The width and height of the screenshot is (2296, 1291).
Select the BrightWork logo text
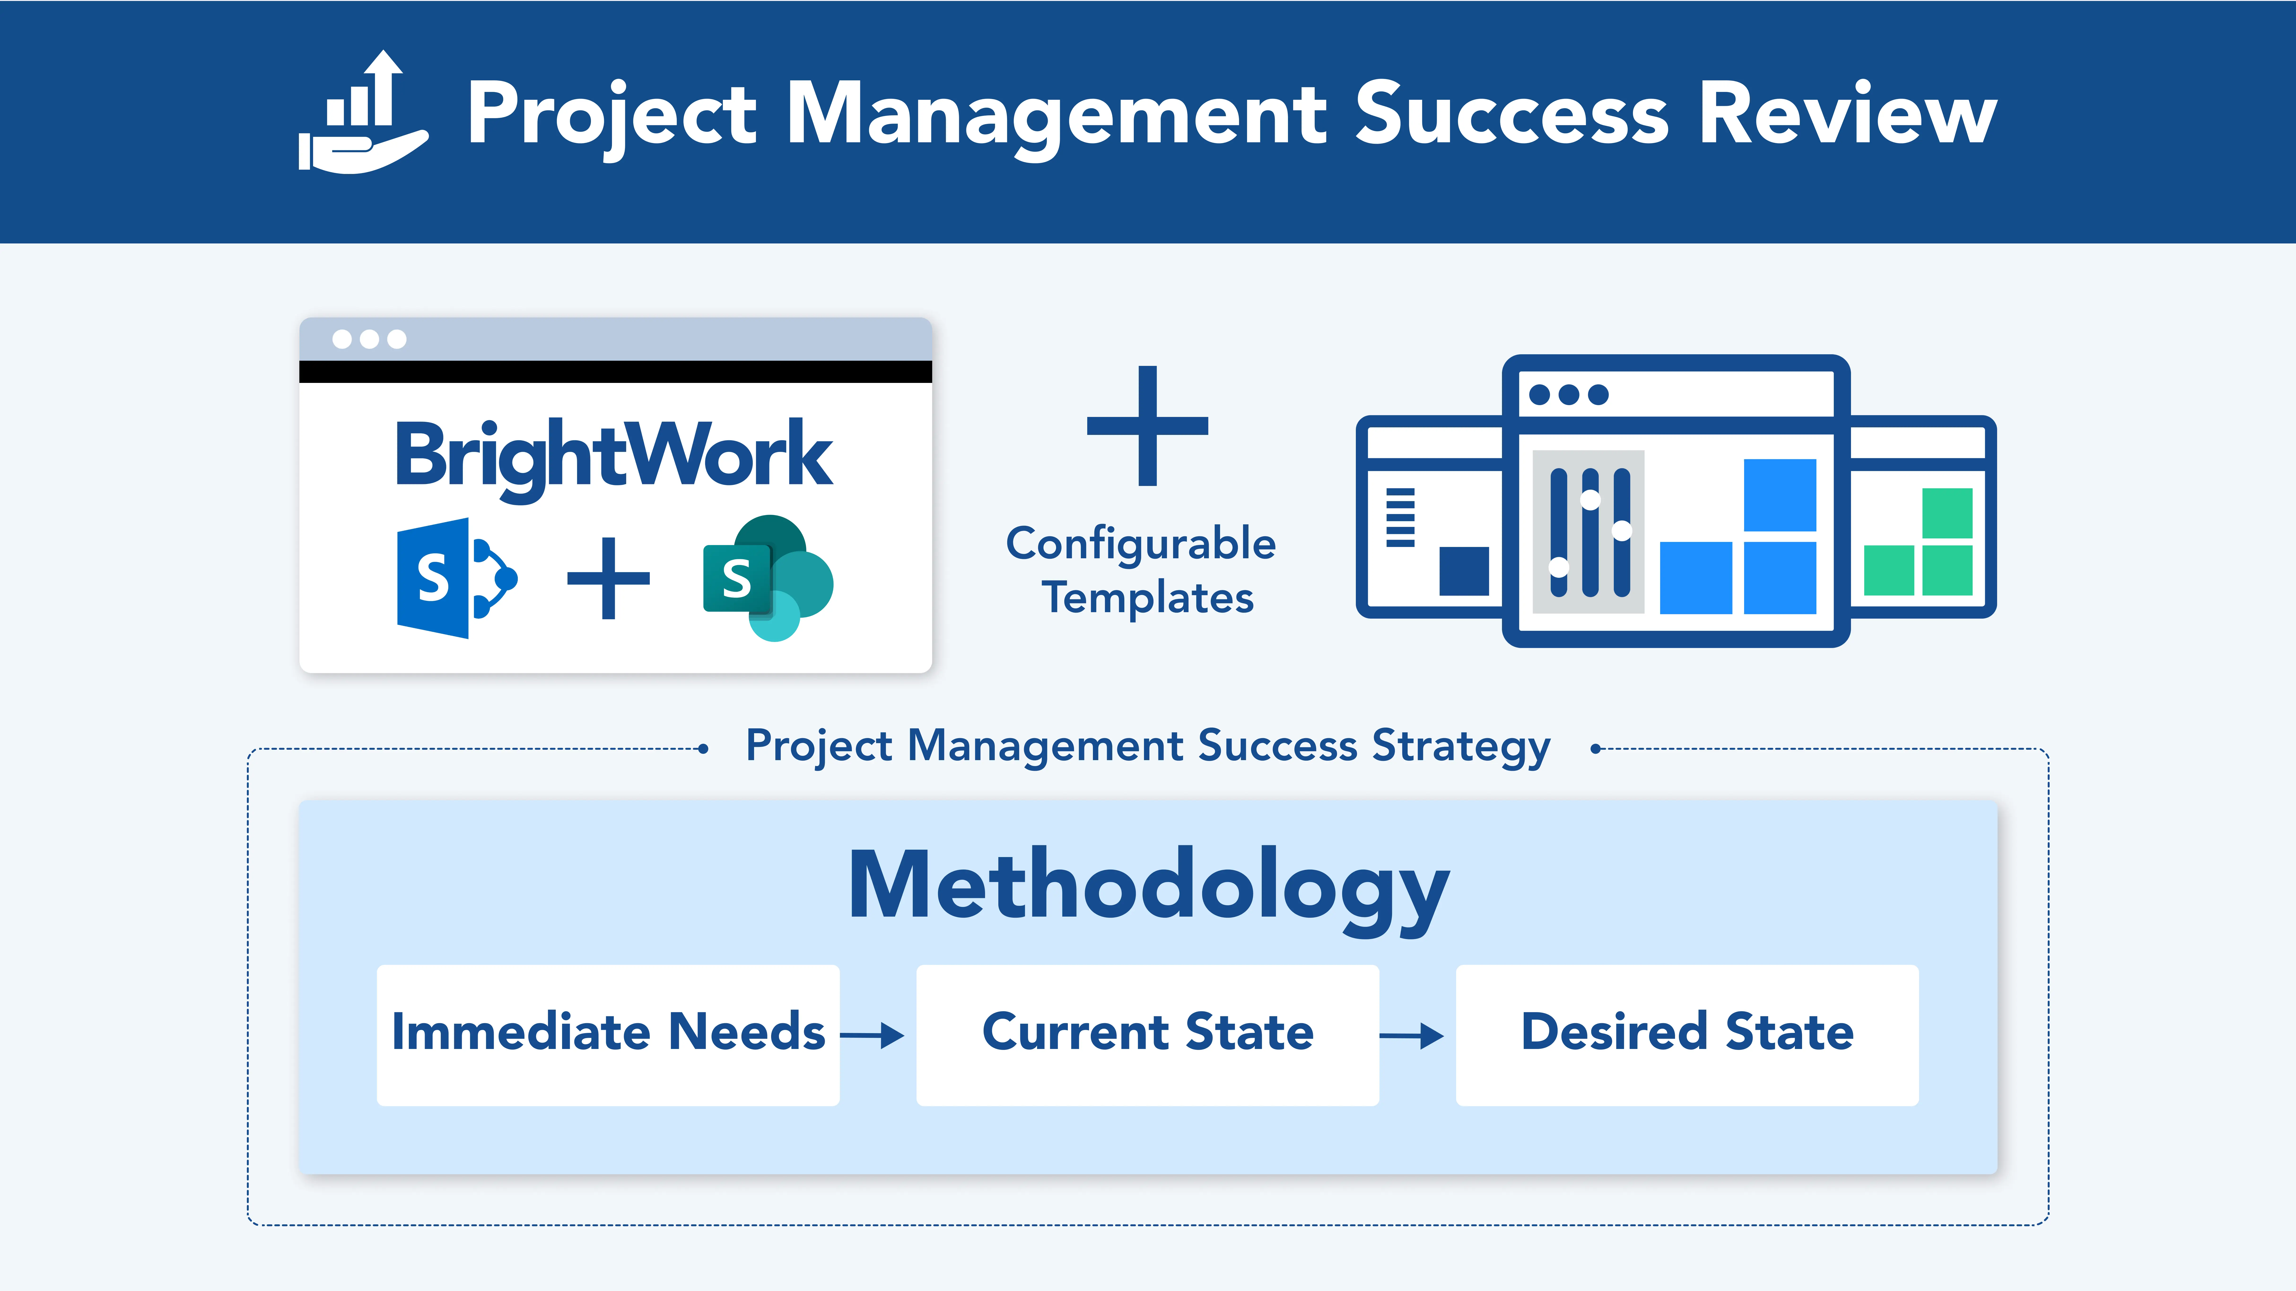[x=614, y=457]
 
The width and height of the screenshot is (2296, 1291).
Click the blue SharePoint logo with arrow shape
[x=456, y=578]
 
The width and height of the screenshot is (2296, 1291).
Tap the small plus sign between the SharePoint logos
[x=609, y=578]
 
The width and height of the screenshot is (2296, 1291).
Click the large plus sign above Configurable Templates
[x=1147, y=426]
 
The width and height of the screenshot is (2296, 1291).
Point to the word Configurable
[x=1141, y=544]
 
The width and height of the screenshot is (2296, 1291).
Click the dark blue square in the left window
[x=1463, y=571]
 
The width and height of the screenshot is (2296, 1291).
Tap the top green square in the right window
[x=1947, y=513]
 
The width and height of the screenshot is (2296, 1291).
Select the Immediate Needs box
[x=608, y=1035]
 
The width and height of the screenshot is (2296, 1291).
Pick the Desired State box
[x=1687, y=1035]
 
